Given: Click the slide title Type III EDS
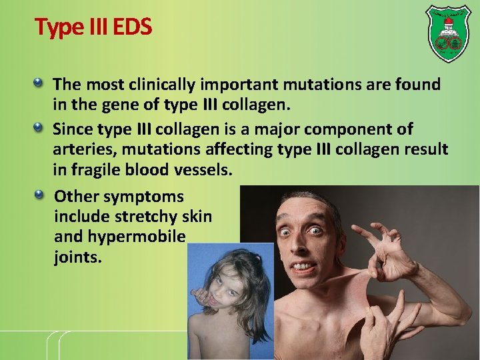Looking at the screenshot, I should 93,27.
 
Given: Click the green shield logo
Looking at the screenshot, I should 448,33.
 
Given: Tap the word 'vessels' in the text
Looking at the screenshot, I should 203,170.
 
